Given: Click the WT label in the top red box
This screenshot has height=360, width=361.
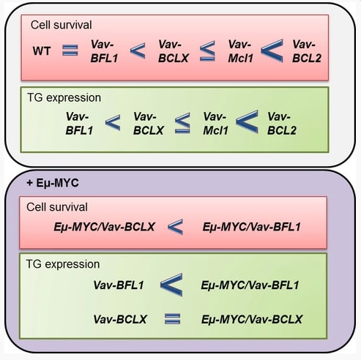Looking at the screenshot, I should pos(41,51).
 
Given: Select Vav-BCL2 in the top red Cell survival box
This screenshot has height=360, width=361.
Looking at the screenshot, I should pos(305,51).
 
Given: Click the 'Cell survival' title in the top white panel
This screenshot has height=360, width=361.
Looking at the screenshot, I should pos(55,24).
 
